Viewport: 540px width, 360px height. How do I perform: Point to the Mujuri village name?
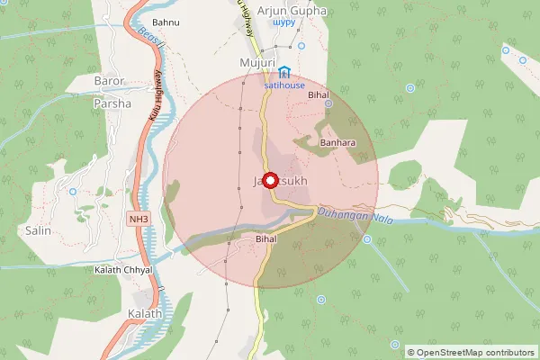tap(255, 62)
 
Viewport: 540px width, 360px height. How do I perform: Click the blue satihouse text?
tap(284, 85)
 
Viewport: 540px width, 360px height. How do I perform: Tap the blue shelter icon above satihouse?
tap(284, 72)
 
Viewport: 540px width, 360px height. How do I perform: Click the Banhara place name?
tap(337, 141)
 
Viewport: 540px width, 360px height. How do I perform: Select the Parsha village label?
tap(112, 103)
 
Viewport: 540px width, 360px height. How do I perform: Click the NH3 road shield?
tap(139, 219)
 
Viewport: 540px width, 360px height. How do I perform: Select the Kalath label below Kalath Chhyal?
tap(145, 314)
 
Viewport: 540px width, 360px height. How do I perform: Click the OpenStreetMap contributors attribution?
tap(471, 352)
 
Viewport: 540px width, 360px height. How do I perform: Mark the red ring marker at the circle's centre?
tap(269, 179)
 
